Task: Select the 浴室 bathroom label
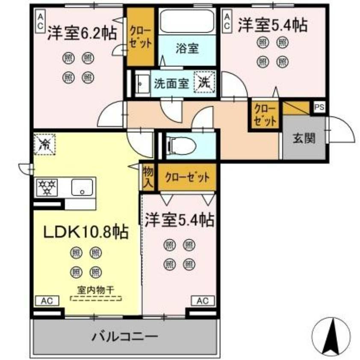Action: (187, 48)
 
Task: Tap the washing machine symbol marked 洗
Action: (204, 82)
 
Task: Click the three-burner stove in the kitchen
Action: (48, 187)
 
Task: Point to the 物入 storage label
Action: (148, 177)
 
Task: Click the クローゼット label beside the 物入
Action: (187, 176)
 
